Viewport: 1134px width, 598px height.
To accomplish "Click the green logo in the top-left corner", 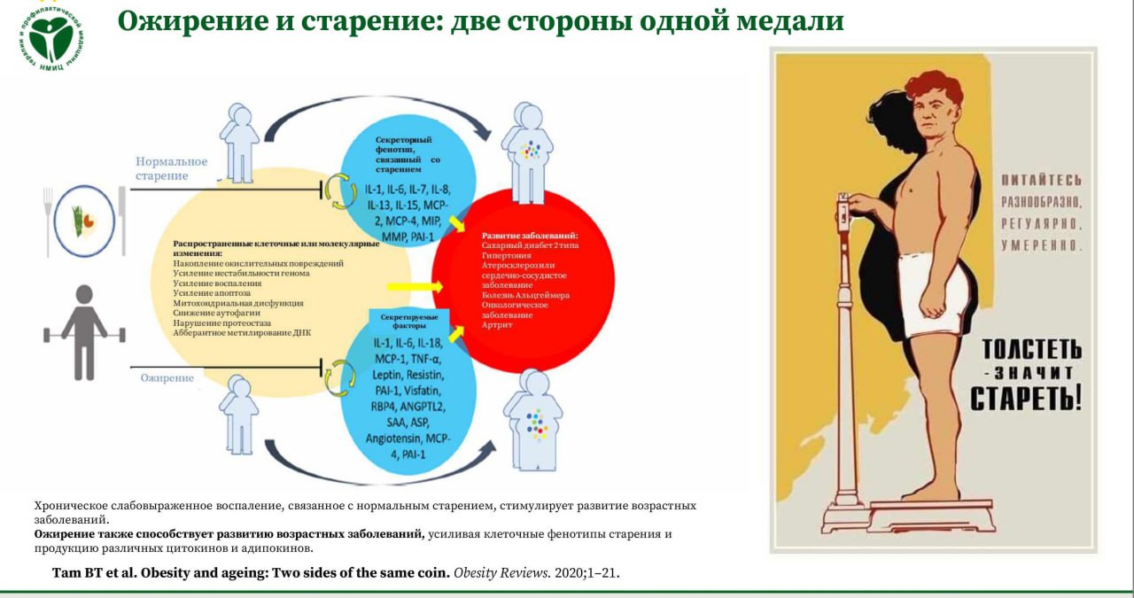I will [50, 37].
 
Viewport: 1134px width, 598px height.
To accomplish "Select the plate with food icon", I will [83, 221].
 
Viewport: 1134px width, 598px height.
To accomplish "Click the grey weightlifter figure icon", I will [84, 332].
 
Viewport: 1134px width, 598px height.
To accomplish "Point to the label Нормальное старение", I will [171, 168].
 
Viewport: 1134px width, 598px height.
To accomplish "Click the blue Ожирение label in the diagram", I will [167, 378].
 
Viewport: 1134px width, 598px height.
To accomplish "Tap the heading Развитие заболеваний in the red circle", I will [525, 236].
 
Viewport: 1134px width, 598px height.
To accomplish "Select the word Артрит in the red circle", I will [497, 325].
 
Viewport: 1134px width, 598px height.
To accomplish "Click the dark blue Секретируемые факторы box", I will [408, 320].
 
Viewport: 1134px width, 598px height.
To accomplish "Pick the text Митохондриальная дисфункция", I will [238, 303].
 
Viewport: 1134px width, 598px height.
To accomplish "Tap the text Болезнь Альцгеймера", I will [526, 295].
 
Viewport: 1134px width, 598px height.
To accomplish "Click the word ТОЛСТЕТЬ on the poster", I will [1026, 348].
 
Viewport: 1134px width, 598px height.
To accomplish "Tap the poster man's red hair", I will [932, 88].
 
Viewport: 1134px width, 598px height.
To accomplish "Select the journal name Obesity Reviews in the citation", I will [501, 573].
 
